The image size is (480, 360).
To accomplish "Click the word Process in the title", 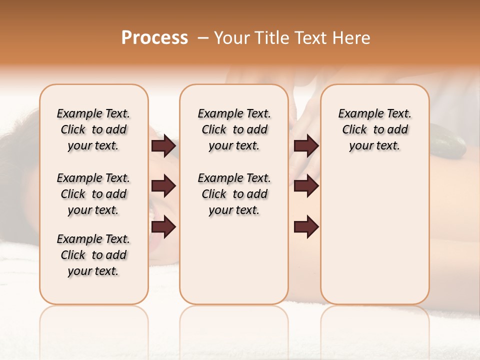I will [x=154, y=38].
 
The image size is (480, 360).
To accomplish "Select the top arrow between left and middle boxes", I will [x=163, y=145].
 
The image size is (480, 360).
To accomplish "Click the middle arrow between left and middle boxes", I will [x=163, y=186].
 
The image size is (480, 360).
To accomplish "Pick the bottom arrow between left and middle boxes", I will [x=163, y=227].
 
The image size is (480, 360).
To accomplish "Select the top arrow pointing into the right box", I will [x=306, y=145].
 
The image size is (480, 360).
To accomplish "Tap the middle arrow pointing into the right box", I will [x=306, y=186].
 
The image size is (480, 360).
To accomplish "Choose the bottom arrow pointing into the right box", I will [x=306, y=227].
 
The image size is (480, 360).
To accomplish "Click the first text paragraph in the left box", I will [x=93, y=129].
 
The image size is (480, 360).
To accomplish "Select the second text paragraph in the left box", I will [x=93, y=194].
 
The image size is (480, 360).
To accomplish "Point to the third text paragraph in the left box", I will [x=93, y=255].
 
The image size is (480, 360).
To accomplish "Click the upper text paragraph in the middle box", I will [x=234, y=129].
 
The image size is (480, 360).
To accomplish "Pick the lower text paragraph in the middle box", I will [x=234, y=194].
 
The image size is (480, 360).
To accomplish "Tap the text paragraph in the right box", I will [x=374, y=129].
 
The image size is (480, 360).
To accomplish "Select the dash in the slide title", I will [x=202, y=38].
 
